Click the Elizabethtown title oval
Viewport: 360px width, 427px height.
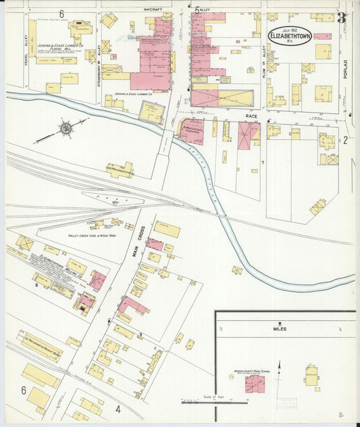[290, 34]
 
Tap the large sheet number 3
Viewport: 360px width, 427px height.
[342, 18]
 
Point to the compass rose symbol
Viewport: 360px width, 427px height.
[66, 127]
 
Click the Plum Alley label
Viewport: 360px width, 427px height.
[263, 54]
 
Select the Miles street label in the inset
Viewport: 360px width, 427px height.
[280, 329]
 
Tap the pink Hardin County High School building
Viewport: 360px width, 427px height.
[255, 384]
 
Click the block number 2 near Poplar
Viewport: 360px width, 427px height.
[344, 141]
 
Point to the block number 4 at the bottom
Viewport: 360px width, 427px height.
[118, 408]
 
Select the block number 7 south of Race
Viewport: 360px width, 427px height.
[262, 163]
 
